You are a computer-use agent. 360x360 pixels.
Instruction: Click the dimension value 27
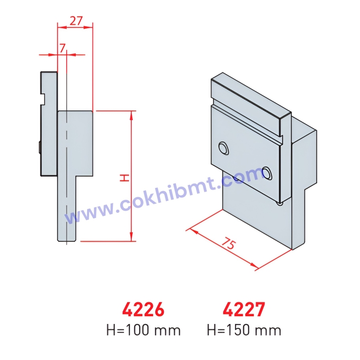76,20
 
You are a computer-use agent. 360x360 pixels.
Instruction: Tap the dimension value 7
62,48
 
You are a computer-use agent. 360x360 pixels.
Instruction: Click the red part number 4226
143,309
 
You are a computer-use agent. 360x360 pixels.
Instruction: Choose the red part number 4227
244,309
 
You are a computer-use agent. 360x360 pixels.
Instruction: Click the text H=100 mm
144,330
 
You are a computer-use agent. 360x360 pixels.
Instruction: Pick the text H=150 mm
244,330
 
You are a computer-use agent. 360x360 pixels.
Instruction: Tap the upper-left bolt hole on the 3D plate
224,147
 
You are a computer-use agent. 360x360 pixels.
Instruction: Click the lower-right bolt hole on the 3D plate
267,171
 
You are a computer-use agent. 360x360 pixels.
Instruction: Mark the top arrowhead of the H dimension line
131,114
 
